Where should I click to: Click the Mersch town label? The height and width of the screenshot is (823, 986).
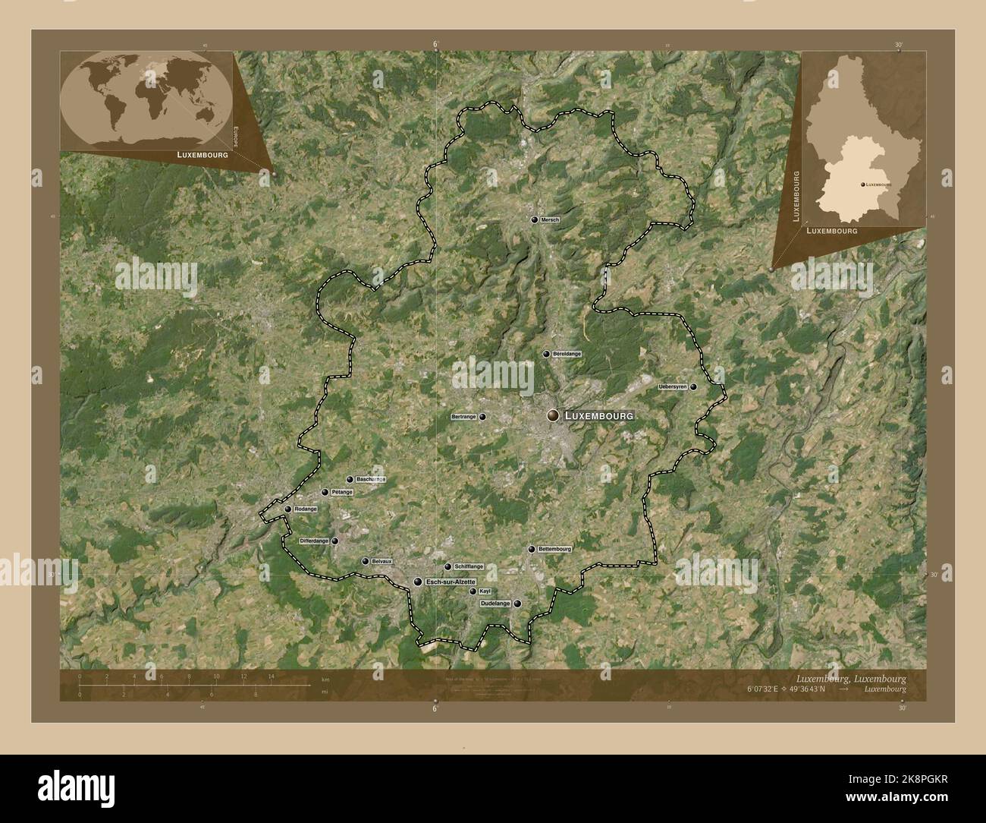click(550, 220)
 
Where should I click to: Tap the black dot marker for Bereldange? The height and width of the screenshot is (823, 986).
click(545, 355)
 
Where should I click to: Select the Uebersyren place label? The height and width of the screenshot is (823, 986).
click(673, 387)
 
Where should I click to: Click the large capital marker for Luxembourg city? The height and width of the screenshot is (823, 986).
click(554, 415)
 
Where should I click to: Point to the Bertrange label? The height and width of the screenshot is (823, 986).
click(463, 417)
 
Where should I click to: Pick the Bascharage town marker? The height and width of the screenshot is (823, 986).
click(350, 480)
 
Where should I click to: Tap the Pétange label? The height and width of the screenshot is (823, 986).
click(342, 493)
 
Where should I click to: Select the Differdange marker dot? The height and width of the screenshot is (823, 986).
click(334, 541)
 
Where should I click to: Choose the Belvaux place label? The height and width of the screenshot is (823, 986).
click(382, 562)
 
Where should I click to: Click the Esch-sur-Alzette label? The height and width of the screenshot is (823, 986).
click(451, 582)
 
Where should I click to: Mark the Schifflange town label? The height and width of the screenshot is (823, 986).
click(468, 567)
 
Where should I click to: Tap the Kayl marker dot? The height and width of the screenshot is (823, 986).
click(473, 591)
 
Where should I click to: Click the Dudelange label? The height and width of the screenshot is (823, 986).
click(495, 604)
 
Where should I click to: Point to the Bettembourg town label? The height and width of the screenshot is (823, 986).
click(554, 549)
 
